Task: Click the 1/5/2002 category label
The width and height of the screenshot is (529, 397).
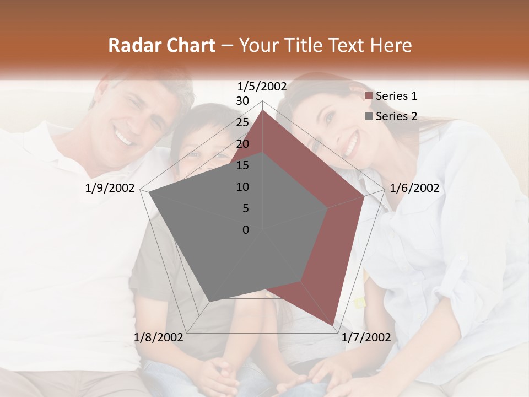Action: pos(262,87)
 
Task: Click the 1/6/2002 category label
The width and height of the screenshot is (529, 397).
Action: pos(414,188)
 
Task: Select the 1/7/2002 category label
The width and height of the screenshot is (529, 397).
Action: pos(366,337)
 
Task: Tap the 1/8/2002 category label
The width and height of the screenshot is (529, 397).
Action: pos(159,337)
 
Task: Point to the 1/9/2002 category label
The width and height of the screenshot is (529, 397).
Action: pos(110,188)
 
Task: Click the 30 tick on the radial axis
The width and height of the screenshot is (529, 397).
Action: pos(242,101)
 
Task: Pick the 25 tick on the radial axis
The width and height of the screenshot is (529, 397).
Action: pos(242,122)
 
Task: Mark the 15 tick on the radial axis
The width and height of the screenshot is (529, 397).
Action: pos(242,165)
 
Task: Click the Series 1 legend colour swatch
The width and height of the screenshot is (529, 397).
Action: pos(369,96)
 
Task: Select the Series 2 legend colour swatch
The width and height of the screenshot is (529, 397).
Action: pos(369,116)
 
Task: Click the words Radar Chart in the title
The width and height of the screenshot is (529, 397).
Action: pos(161,45)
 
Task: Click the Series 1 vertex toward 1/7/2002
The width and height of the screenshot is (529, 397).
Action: pos(333,325)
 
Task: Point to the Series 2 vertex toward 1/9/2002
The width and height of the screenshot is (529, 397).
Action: pos(149,192)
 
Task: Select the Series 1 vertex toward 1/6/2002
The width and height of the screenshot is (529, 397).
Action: pos(364,196)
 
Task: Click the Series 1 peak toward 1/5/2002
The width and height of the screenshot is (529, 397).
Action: pos(262,110)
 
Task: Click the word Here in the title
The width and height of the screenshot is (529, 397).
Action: pos(391,45)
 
